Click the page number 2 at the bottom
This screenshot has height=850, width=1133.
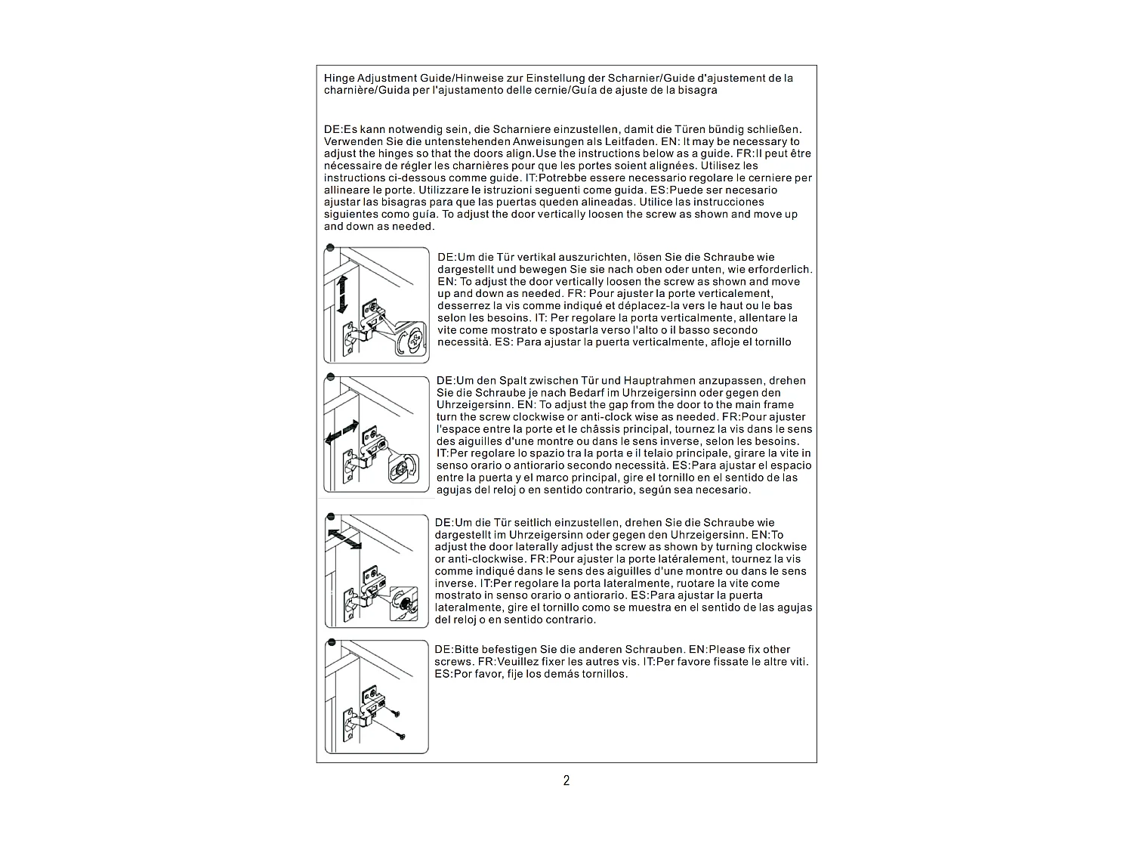(x=566, y=780)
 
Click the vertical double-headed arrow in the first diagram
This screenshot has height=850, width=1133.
(x=341, y=294)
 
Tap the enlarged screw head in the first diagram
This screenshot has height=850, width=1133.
(x=412, y=342)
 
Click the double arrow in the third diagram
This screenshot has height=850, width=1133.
(x=344, y=539)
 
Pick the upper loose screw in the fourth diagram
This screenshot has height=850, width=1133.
(x=394, y=712)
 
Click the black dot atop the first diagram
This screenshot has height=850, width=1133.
(x=330, y=247)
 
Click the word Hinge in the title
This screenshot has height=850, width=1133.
(x=339, y=78)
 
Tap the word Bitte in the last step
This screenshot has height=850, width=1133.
(x=468, y=650)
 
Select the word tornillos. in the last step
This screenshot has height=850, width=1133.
(x=602, y=674)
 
